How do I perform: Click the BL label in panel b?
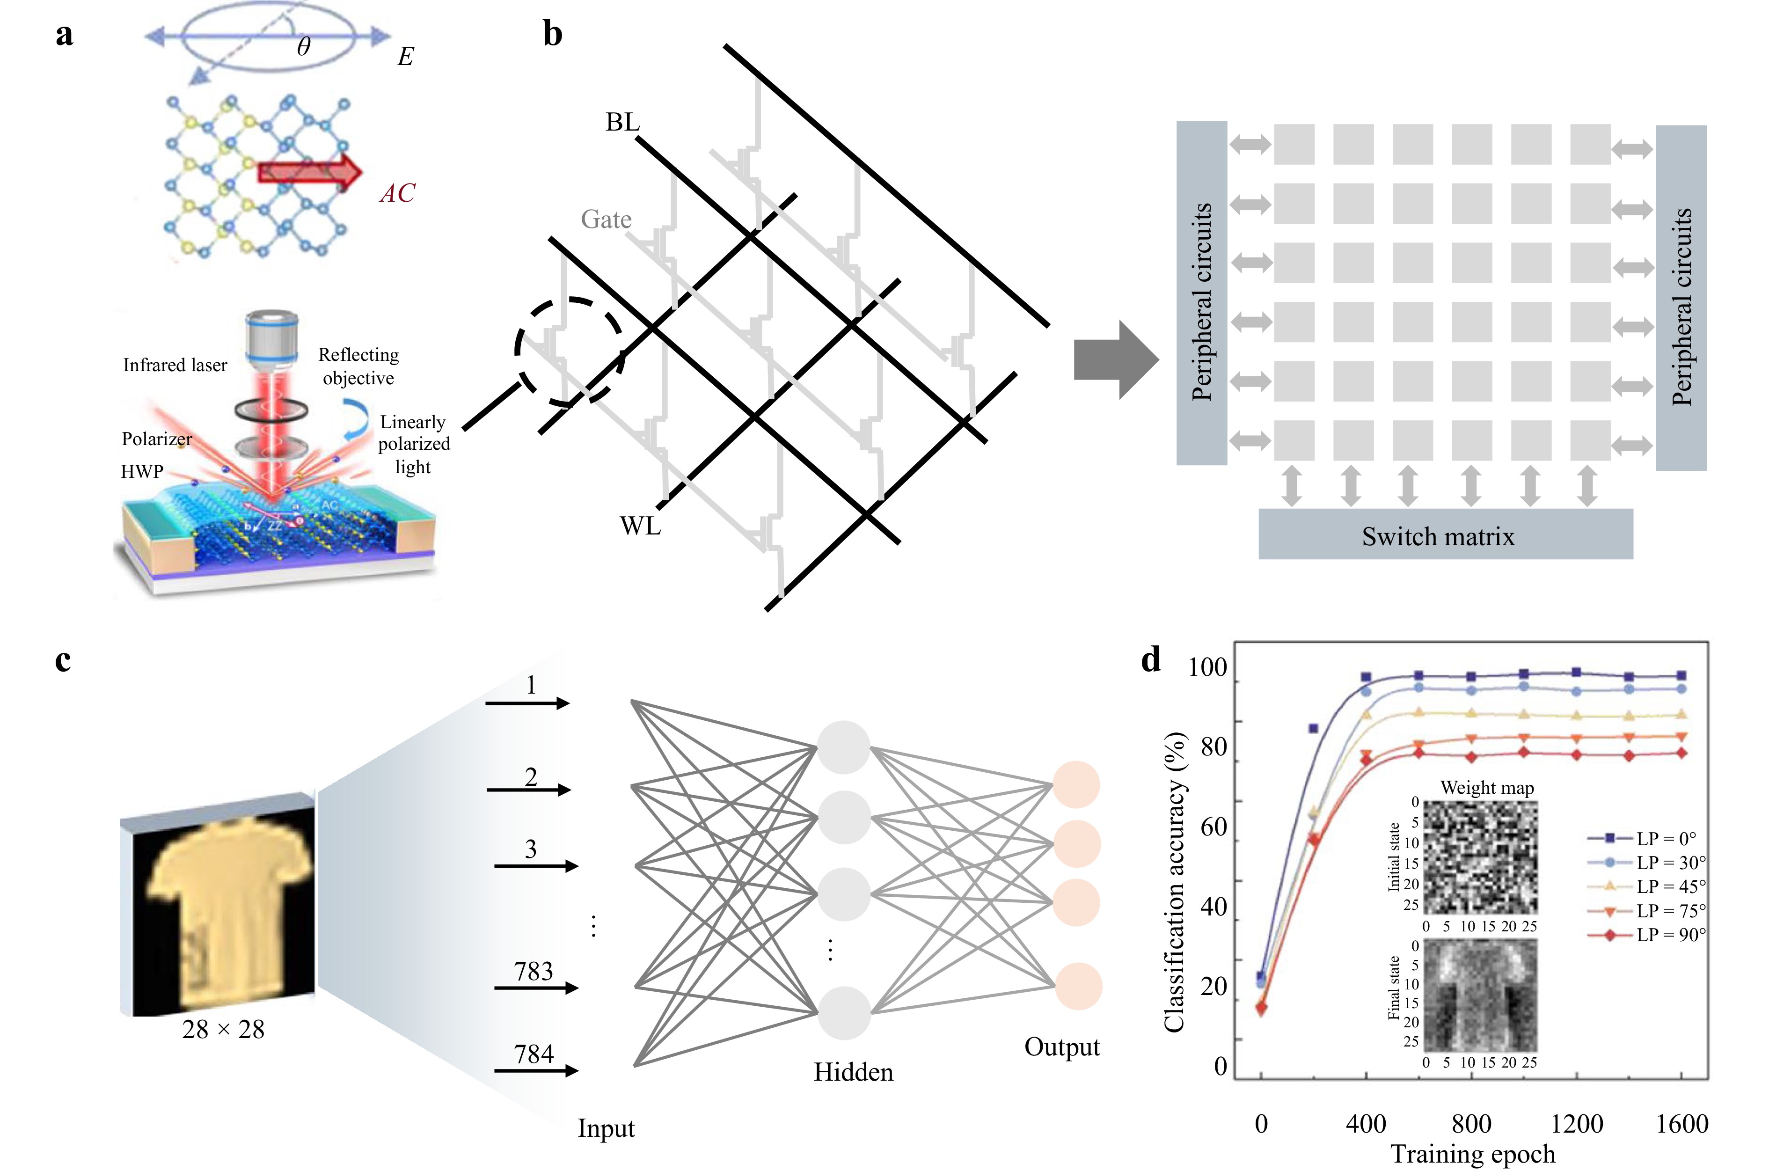622,122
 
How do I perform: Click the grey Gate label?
606,220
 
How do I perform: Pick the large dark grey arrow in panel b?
1115,360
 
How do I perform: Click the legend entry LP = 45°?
1670,886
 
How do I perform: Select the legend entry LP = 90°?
1670,934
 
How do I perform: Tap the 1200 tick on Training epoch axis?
1576,1123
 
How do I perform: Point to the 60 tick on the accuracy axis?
1213,827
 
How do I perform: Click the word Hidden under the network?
853,1072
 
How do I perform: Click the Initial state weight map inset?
1480,857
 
